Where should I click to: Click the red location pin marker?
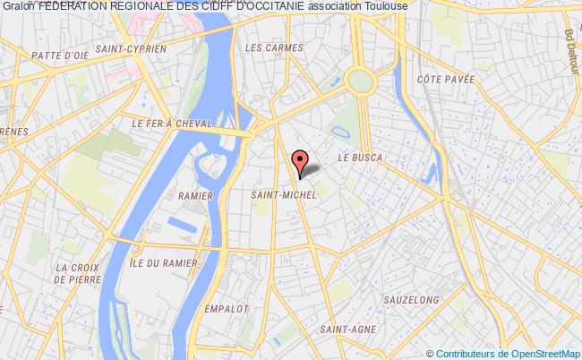(x=300, y=159)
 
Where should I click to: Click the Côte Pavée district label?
(x=444, y=79)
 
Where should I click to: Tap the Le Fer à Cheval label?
(x=172, y=124)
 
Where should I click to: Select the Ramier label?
(x=195, y=194)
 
